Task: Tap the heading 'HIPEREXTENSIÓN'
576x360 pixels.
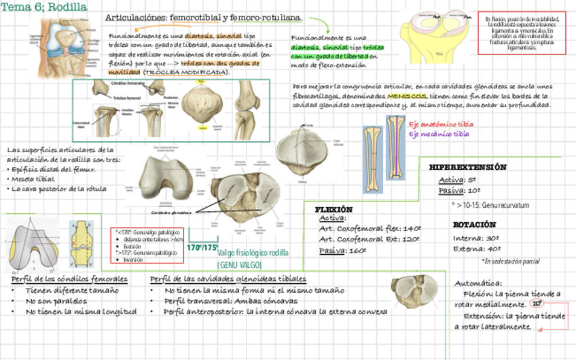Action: tap(468, 167)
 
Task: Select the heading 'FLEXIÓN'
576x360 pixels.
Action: tap(334, 209)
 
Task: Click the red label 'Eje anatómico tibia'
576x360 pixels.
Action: tap(442, 124)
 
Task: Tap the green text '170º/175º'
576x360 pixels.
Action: tap(202, 247)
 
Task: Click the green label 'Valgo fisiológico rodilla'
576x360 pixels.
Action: tap(253, 253)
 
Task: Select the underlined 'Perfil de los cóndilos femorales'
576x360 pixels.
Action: tap(69, 280)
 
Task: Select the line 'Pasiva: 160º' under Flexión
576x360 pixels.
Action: tap(343, 250)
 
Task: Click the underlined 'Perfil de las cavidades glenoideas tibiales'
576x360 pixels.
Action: tap(228, 280)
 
